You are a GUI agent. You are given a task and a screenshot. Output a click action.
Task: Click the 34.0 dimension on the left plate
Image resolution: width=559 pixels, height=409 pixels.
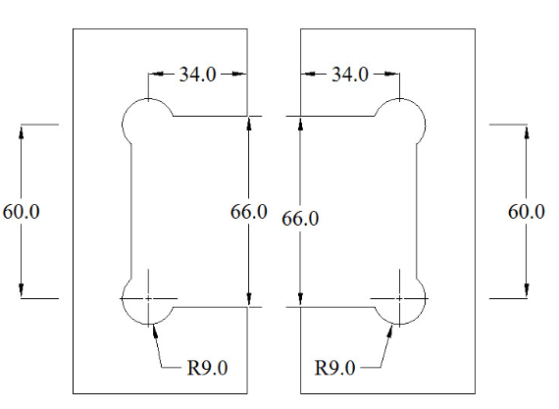[x=197, y=75]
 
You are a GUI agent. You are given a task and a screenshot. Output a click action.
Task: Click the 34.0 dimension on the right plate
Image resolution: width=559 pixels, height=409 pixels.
[x=350, y=75]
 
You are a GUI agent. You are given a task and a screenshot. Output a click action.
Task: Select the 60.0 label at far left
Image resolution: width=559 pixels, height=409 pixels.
[x=21, y=212]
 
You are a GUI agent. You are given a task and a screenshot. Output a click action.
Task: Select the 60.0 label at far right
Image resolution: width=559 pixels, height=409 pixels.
[x=527, y=212]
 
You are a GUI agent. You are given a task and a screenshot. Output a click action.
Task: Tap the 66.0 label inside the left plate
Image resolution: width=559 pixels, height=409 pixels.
[x=249, y=212]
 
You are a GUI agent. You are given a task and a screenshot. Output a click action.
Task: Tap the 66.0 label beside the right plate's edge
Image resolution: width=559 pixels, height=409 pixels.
[x=300, y=219]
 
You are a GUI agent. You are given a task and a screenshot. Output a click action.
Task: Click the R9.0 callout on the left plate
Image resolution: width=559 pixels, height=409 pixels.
[x=207, y=368]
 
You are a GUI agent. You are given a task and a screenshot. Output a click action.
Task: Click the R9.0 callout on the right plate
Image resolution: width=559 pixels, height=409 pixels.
[x=334, y=368]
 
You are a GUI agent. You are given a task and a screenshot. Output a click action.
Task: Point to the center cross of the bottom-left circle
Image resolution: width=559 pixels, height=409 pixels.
[x=148, y=298]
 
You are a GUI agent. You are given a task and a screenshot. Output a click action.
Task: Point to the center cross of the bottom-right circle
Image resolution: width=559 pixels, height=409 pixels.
[x=399, y=298]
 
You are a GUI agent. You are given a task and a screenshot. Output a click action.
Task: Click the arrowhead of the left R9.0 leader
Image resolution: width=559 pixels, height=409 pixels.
[x=155, y=331]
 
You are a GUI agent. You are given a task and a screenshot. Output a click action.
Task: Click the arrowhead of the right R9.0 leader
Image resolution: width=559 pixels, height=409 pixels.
[x=389, y=331]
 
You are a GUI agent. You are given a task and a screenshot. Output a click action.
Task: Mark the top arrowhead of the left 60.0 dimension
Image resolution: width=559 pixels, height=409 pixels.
[x=21, y=131]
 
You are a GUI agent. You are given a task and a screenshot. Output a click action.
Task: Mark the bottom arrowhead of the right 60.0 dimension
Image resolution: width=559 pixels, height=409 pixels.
[x=527, y=290]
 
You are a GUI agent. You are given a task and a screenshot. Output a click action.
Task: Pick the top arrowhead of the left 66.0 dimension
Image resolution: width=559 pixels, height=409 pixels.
[x=249, y=124]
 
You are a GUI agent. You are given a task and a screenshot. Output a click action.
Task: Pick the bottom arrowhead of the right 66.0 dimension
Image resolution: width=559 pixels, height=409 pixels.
[x=300, y=299]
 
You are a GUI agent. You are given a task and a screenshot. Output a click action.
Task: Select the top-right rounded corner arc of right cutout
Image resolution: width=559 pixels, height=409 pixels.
[x=417, y=106]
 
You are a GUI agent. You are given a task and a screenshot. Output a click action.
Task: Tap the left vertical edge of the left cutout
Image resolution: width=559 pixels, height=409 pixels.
[x=131, y=212]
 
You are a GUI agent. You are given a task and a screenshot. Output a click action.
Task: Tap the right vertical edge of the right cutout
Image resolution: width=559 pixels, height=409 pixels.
[x=417, y=212]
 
